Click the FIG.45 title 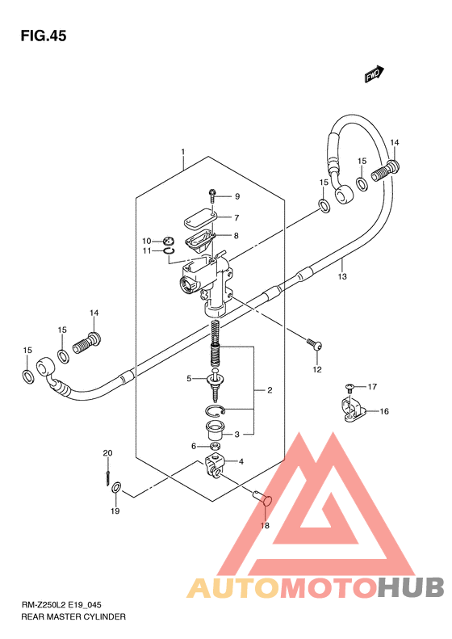point(44,36)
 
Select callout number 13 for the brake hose point(342,276)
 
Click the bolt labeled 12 point(315,344)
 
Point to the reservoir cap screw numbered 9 point(212,196)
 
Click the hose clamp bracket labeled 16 point(354,408)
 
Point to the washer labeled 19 point(116,486)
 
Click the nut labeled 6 point(216,446)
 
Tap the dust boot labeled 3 point(215,431)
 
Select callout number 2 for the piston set point(270,390)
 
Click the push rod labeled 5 point(215,385)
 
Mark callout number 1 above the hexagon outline point(183,152)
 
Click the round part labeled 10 point(169,241)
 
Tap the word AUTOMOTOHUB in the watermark point(316,587)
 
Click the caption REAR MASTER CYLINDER point(73,616)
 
